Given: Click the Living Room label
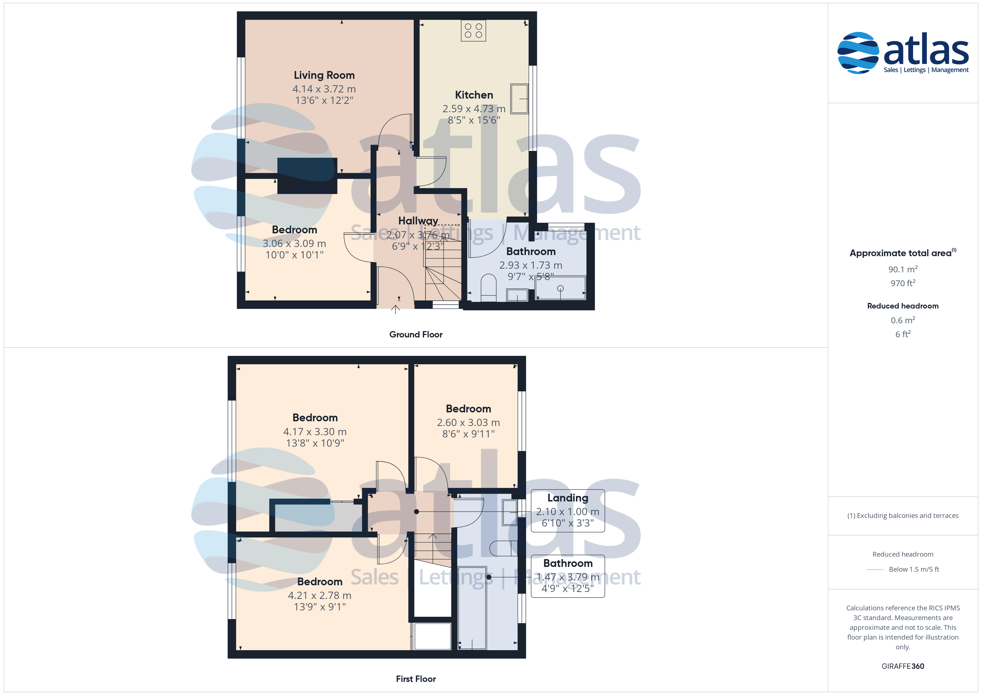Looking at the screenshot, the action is point(324,75).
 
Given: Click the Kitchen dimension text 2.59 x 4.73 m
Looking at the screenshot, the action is point(474,109).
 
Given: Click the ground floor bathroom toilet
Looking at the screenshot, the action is point(488,288).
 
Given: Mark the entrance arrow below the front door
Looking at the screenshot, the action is point(396,309).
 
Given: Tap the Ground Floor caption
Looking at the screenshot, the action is point(416,335).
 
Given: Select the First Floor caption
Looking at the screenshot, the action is point(416,679).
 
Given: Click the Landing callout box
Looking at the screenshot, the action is point(568,511).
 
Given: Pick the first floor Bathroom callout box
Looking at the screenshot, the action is point(568,576).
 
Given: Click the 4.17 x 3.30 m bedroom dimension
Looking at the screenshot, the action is point(315,432).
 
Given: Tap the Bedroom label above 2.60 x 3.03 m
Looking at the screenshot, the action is point(468,409).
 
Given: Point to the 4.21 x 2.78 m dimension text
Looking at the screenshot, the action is point(320,595).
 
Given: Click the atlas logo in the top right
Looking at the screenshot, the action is point(903,53).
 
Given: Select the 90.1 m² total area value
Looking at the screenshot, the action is point(903,269).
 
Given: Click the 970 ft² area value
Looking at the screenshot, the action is point(903,283).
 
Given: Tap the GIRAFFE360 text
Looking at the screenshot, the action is point(903,666).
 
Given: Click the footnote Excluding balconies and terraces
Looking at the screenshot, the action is point(903,516).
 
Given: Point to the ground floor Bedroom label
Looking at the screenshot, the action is point(294,230).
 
